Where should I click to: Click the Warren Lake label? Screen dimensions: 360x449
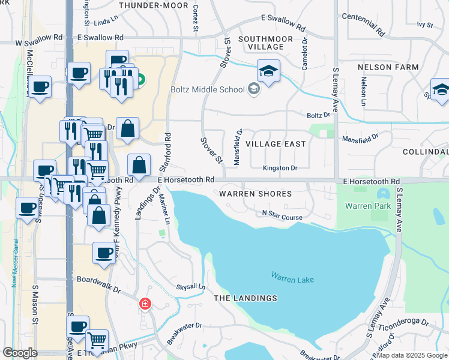click(292, 278)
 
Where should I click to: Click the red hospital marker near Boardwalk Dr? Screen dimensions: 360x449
click(145, 304)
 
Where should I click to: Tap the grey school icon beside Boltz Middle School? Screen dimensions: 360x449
click(254, 89)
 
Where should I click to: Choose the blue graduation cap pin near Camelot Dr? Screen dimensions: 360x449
click(268, 71)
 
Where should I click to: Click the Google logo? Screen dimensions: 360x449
click(20, 353)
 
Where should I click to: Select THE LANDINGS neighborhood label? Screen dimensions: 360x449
click(246, 298)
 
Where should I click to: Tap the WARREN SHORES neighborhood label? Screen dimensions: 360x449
click(255, 194)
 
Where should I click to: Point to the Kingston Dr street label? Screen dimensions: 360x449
click(280, 169)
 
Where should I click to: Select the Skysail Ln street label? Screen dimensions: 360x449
click(190, 287)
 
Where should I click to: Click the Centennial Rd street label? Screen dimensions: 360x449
click(362, 26)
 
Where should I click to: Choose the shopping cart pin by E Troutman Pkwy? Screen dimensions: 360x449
click(97, 341)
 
